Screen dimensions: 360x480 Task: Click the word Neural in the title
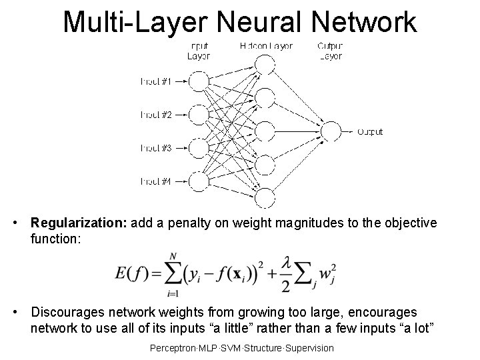[266, 21]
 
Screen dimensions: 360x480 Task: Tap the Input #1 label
[156, 81]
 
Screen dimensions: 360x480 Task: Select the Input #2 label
[156, 115]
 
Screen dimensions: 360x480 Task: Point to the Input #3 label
[156, 147]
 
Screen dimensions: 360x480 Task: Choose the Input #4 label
[156, 181]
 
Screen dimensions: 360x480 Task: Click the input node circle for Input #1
[198, 81]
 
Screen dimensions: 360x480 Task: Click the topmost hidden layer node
[265, 65]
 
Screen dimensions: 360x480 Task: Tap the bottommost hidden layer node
[265, 197]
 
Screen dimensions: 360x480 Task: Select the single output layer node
[331, 131]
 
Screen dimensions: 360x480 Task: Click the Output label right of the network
[371, 132]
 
